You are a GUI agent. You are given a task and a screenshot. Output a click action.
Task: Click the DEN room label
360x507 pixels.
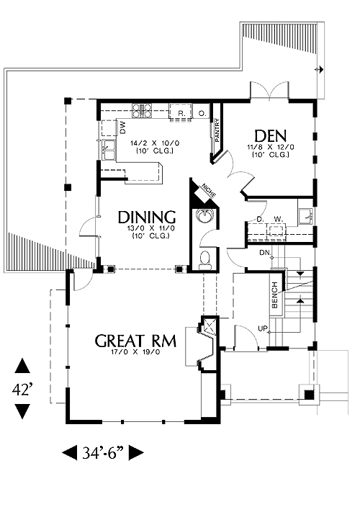271,136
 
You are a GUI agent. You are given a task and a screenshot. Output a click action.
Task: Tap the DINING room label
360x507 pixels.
147,217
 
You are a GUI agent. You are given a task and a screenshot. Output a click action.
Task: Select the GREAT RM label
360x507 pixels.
136,341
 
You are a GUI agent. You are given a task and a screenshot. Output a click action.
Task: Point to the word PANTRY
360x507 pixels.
217,130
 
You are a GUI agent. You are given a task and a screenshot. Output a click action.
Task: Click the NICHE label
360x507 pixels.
208,190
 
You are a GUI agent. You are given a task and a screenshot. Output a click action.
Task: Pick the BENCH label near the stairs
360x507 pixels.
275,295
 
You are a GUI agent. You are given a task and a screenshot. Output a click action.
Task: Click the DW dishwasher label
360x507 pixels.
123,127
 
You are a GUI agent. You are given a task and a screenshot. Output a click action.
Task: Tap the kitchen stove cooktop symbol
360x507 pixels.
142,110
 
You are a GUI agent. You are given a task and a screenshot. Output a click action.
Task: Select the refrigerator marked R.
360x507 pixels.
181,112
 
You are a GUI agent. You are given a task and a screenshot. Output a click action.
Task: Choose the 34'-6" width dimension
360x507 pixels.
104,453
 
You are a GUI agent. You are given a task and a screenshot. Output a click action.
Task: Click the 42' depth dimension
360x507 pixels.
23,390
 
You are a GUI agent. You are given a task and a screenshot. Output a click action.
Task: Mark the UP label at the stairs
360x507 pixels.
262,328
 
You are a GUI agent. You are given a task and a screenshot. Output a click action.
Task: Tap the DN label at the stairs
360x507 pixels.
264,253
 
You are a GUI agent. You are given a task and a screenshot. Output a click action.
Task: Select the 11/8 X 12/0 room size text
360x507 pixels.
271,147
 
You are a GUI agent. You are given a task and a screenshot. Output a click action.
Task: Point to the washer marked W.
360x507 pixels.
278,220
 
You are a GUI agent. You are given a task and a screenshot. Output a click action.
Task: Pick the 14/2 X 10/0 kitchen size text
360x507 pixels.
155,143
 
